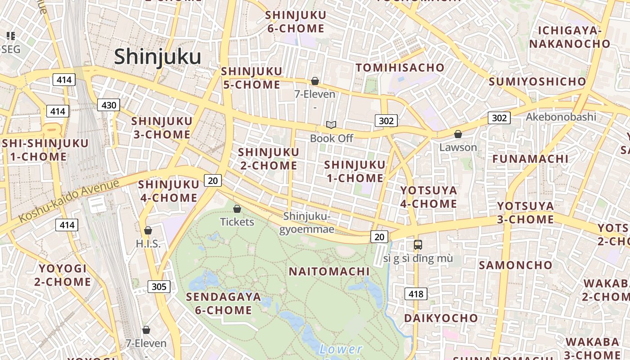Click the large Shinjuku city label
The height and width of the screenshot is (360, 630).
[157, 57]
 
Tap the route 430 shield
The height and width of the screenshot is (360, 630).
[108, 105]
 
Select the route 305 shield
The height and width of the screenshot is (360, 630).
[159, 286]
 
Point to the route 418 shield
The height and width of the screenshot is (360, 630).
[416, 294]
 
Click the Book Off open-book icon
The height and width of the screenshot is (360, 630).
[331, 125]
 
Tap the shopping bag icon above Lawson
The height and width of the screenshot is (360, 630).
[458, 134]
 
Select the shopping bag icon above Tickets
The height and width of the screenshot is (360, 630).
[237, 209]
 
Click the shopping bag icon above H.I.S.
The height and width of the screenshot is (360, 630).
[148, 230]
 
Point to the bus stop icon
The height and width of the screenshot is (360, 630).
[418, 245]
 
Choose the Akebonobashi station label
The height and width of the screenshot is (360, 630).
[561, 117]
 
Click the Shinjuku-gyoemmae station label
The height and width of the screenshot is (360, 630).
[307, 223]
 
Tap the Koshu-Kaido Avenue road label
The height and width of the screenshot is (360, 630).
[69, 200]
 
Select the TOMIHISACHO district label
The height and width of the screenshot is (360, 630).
[400, 68]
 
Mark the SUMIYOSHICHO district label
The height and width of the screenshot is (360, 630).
[537, 81]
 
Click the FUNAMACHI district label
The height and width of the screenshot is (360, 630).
[530, 159]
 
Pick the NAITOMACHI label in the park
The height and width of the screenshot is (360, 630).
[329, 271]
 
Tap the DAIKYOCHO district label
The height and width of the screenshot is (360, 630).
[441, 318]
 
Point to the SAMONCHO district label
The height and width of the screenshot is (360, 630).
[515, 265]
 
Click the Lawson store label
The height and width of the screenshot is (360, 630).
[458, 147]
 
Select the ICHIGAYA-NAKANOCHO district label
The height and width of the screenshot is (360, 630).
[569, 37]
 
